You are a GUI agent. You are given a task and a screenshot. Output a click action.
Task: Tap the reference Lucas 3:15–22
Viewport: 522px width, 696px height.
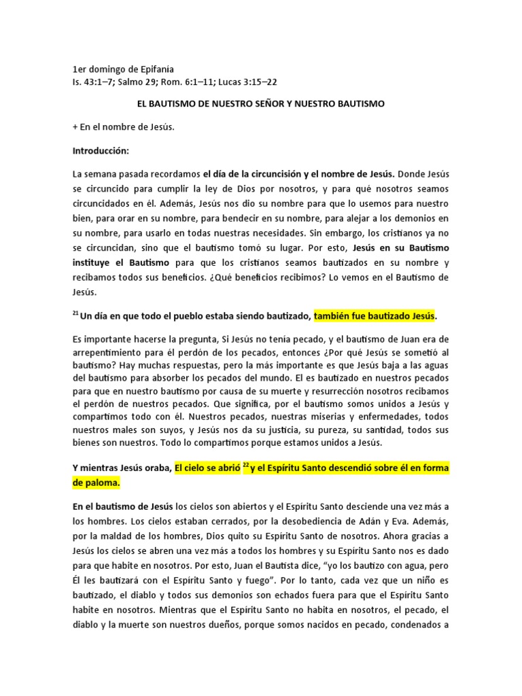click(245, 82)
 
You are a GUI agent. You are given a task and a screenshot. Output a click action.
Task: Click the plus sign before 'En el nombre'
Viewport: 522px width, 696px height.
click(75, 127)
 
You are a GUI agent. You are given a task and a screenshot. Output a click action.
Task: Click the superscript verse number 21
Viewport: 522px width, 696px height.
click(75, 313)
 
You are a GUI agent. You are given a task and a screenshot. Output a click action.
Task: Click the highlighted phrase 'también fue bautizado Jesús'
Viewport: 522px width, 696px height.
click(373, 316)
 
